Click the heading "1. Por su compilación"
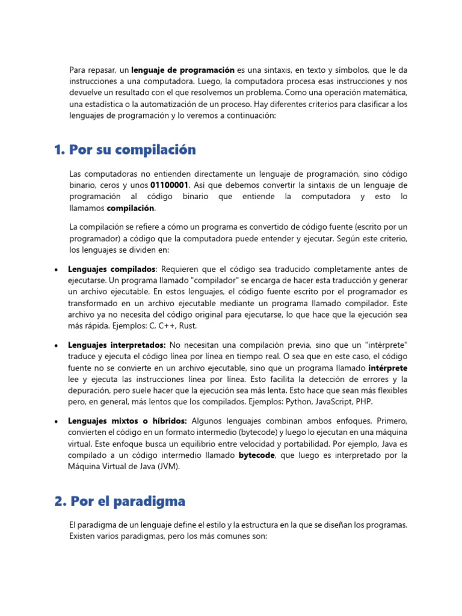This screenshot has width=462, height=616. tap(125, 149)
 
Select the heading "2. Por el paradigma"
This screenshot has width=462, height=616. tap(119, 500)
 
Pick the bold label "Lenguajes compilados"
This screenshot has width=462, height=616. tap(112, 269)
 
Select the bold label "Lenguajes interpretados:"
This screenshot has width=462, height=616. tap(117, 345)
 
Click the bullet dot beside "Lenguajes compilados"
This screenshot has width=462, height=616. tap(55, 269)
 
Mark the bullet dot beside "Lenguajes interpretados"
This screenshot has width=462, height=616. tap(55, 346)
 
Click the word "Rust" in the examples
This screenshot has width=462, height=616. tap(187, 325)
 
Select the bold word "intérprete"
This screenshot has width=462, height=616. tap(387, 368)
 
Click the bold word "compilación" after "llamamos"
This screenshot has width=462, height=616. tap(131, 208)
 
